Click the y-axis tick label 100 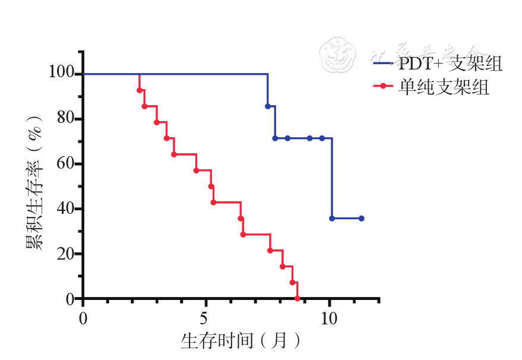[62, 74]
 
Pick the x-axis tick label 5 [205, 317]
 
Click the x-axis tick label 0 [83, 317]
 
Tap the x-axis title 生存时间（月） [240, 341]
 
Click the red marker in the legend [384, 87]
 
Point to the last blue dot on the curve [361, 219]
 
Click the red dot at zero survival [297, 298]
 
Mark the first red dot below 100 [140, 90]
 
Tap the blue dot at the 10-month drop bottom [332, 219]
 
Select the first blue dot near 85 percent [268, 106]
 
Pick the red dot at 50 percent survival [211, 187]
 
